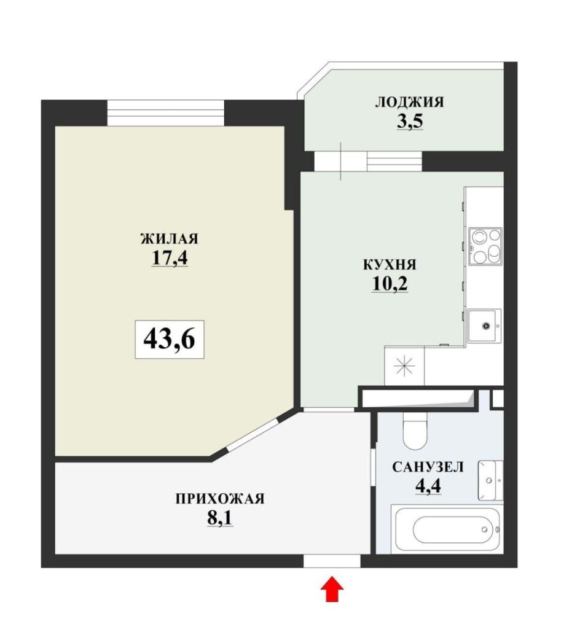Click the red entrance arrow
pyautogui.click(x=332, y=589)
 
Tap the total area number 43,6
pyautogui.click(x=170, y=339)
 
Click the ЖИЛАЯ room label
pyautogui.click(x=170, y=239)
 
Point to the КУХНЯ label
pyautogui.click(x=390, y=265)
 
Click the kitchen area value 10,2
pyautogui.click(x=390, y=284)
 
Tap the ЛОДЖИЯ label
pyautogui.click(x=410, y=102)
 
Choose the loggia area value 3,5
pyautogui.click(x=410, y=121)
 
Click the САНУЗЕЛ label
pyautogui.click(x=428, y=467)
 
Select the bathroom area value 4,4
pyautogui.click(x=428, y=486)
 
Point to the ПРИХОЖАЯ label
pyautogui.click(x=220, y=499)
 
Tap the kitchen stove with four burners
pyautogui.click(x=485, y=246)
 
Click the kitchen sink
pyautogui.click(x=485, y=326)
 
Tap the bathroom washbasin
pyautogui.click(x=490, y=480)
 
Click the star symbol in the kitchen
pyautogui.click(x=404, y=367)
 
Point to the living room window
pyautogui.click(x=165, y=113)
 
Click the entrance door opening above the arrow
pyautogui.click(x=332, y=561)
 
